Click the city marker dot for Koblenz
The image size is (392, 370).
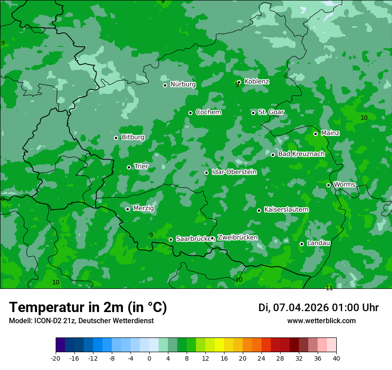tap(239, 82)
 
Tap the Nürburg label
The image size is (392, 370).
tap(183, 84)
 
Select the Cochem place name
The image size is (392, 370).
tap(208, 112)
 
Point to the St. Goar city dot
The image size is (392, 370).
tap(253, 113)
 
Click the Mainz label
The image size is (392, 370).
tap(330, 133)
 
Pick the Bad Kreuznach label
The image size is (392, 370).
tap(301, 154)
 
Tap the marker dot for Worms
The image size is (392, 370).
tap(329, 185)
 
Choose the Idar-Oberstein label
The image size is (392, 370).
tap(234, 172)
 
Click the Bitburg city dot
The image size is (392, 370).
tap(116, 138)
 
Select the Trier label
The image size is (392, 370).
tap(141, 166)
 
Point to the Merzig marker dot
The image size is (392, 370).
tap(128, 209)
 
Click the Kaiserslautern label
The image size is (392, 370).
tap(286, 210)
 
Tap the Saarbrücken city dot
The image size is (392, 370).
tap(171, 239)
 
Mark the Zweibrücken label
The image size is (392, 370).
tap(237, 238)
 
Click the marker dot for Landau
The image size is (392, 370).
tap(302, 244)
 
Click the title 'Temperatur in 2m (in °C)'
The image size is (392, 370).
tap(88, 308)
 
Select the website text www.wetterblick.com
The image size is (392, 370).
tap(321, 321)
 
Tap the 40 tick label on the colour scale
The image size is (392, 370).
tap(336, 358)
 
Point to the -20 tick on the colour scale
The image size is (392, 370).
tap(56, 358)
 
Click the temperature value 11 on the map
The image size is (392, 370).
tap(329, 288)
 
